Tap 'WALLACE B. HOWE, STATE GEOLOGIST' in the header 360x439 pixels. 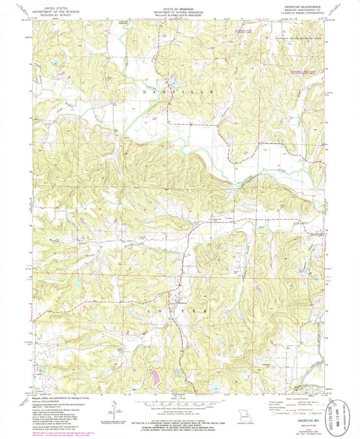pyautogui.click(x=180, y=13)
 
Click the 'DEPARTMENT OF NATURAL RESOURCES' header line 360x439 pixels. pyautogui.click(x=180, y=9)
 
